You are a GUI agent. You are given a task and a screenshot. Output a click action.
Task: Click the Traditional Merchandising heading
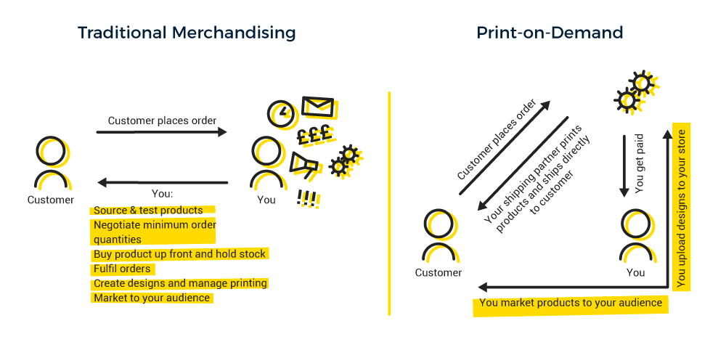point(187,33)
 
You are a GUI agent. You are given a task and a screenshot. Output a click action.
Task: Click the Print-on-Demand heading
point(550,33)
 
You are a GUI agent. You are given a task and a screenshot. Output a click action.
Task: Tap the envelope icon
point(317,107)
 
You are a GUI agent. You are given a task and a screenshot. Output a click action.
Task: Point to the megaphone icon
point(303,166)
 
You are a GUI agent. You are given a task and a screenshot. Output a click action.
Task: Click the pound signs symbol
point(314,134)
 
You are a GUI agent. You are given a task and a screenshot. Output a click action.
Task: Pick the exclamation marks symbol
point(309,197)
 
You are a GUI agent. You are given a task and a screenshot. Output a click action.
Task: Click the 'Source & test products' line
point(148,211)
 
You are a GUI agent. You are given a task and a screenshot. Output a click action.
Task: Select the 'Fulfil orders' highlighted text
point(122,269)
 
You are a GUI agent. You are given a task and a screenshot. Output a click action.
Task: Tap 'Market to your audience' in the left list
point(152,298)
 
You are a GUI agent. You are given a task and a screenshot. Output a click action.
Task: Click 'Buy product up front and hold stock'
point(180,254)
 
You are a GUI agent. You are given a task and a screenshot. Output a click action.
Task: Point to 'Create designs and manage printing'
point(180,283)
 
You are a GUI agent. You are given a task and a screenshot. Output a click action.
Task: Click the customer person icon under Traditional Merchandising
point(51,164)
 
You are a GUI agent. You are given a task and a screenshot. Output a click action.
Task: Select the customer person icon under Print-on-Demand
point(439,236)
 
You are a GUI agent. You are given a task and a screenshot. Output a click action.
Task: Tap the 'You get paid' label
point(639,171)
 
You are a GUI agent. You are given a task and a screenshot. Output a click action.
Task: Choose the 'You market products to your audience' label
point(571,303)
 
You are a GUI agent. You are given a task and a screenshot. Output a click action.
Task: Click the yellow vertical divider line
point(390,203)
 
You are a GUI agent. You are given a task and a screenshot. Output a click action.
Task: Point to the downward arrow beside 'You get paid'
point(623,165)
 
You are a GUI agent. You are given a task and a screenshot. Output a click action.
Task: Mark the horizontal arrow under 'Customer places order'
point(161,132)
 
